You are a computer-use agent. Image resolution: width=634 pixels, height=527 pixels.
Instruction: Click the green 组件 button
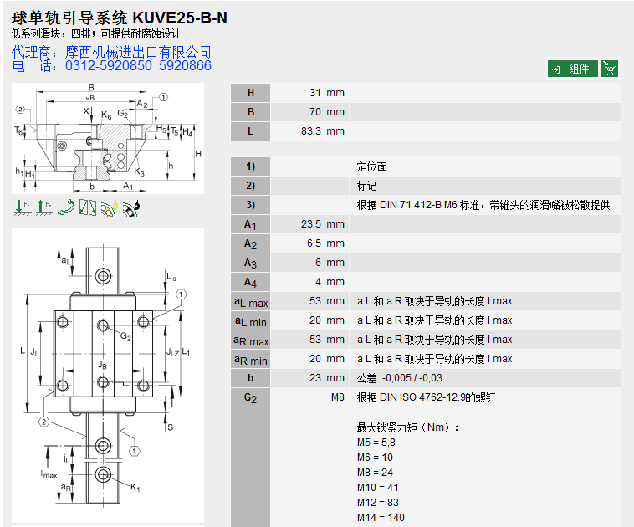coord(573,69)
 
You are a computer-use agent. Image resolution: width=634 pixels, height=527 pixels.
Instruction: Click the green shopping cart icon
coord(611,69)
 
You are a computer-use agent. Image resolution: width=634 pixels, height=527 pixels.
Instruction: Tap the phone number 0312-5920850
coord(109,65)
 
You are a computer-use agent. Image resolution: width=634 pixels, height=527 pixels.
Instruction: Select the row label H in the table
coord(250,93)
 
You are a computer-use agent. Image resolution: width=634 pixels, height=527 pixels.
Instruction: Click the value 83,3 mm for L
coord(322,131)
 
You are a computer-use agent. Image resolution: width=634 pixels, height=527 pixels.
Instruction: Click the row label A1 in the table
coord(250,224)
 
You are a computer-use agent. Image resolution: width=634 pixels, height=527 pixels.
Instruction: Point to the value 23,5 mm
coord(322,224)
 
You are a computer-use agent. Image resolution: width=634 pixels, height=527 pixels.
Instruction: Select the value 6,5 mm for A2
coord(325,243)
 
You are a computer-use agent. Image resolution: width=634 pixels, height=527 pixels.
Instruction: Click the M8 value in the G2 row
coord(337,397)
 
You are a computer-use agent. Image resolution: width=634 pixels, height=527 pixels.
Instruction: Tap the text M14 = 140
coord(381,518)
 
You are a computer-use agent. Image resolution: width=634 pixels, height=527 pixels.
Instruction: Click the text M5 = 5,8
coord(376,443)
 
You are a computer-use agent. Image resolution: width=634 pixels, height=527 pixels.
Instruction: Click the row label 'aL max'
coord(250,302)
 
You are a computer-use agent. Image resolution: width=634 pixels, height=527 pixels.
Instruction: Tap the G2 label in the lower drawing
coord(125,337)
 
